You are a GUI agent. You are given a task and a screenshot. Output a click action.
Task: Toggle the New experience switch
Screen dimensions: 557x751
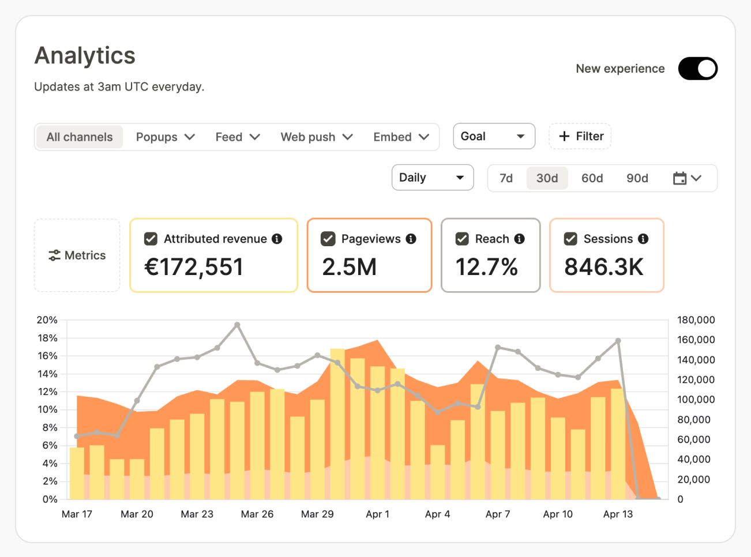click(x=697, y=69)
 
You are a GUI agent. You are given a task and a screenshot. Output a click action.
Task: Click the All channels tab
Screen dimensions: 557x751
click(x=80, y=137)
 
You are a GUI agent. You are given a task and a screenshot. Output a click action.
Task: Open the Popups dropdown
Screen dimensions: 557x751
click(x=165, y=137)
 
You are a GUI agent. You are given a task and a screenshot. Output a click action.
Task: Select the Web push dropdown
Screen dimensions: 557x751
click(x=316, y=137)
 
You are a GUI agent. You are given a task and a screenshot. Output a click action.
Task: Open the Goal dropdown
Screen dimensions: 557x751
click(x=494, y=137)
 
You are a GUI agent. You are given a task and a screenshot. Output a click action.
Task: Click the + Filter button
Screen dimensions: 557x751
click(x=580, y=137)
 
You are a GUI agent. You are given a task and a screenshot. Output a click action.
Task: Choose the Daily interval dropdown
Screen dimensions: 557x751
click(x=432, y=178)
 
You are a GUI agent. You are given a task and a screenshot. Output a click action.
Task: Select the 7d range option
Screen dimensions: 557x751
click(x=506, y=178)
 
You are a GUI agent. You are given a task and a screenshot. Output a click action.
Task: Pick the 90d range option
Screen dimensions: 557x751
click(x=637, y=178)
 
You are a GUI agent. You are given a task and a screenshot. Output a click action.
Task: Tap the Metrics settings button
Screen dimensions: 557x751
click(x=77, y=255)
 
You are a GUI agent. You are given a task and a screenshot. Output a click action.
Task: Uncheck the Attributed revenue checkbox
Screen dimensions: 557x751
click(x=151, y=239)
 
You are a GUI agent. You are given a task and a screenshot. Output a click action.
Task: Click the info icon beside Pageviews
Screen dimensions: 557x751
click(x=411, y=239)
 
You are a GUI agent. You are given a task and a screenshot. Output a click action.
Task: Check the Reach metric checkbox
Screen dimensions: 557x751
click(x=462, y=239)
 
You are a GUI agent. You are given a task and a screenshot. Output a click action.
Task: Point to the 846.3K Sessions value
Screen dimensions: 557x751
click(x=603, y=267)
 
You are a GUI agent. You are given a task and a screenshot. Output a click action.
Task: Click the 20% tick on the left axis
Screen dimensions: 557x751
click(x=47, y=320)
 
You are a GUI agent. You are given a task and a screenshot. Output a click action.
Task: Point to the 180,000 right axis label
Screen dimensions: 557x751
click(x=696, y=320)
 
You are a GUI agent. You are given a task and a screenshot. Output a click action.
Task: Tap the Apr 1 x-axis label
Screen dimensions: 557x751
click(x=377, y=514)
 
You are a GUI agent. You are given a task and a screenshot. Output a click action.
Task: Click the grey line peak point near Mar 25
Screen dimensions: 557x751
click(x=237, y=325)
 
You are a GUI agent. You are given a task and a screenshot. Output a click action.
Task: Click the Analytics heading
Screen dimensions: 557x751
click(x=85, y=56)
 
